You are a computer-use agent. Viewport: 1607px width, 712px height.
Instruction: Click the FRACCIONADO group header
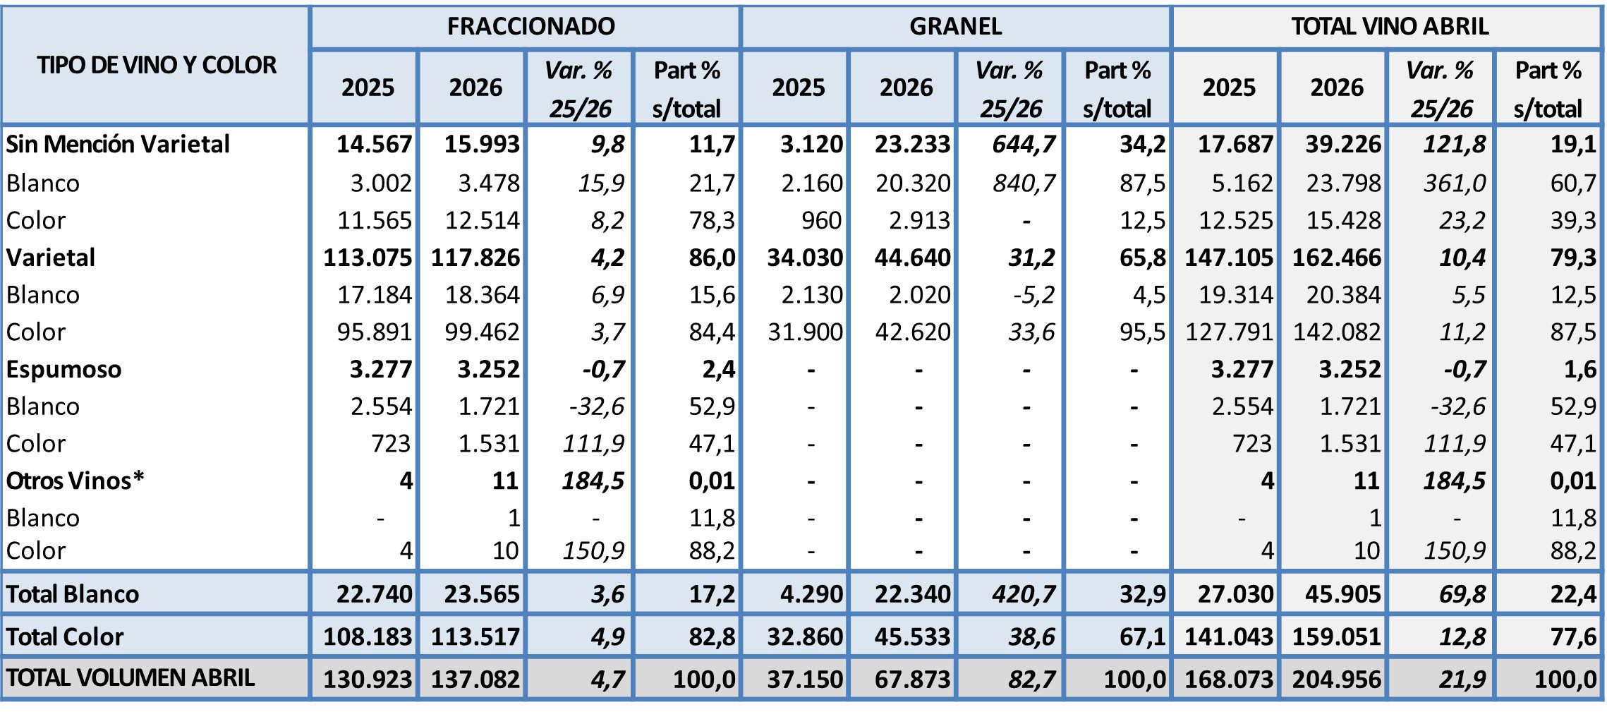pyautogui.click(x=530, y=27)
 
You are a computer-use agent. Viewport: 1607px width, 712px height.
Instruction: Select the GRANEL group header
pyautogui.click(x=956, y=27)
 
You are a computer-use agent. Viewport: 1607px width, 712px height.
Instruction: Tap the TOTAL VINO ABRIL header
pyautogui.click(x=1390, y=27)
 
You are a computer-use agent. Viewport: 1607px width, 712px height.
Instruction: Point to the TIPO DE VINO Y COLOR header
pyautogui.click(x=157, y=65)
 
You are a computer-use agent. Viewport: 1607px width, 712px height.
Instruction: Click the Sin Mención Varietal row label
pyautogui.click(x=118, y=144)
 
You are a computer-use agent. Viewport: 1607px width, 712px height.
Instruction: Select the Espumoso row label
pyautogui.click(x=63, y=369)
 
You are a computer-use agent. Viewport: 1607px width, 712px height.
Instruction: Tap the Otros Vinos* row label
pyautogui.click(x=75, y=481)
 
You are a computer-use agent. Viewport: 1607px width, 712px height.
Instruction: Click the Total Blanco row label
pyautogui.click(x=72, y=594)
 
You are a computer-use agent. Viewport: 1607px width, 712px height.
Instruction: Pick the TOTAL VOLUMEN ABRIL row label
pyautogui.click(x=130, y=678)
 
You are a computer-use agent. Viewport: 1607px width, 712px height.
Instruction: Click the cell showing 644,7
pyautogui.click(x=1024, y=144)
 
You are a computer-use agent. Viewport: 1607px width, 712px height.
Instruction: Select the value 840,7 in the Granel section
pyautogui.click(x=1024, y=183)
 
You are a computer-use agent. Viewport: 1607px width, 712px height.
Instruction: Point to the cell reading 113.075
pyautogui.click(x=368, y=258)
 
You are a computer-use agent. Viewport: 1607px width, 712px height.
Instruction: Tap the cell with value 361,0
pyautogui.click(x=1454, y=183)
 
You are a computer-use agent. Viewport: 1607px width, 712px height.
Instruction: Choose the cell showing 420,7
pyautogui.click(x=1024, y=594)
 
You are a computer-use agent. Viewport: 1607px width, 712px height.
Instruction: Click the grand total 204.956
pyautogui.click(x=1336, y=679)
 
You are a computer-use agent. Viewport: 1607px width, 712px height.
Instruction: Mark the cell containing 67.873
pyautogui.click(x=913, y=679)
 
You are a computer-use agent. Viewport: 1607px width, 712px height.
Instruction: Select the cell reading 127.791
pyautogui.click(x=1229, y=332)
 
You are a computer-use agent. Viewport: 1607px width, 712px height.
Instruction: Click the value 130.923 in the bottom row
pyautogui.click(x=368, y=679)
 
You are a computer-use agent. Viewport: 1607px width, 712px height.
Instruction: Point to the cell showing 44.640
pyautogui.click(x=913, y=258)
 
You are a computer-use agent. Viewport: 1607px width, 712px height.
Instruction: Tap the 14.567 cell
pyautogui.click(x=374, y=144)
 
